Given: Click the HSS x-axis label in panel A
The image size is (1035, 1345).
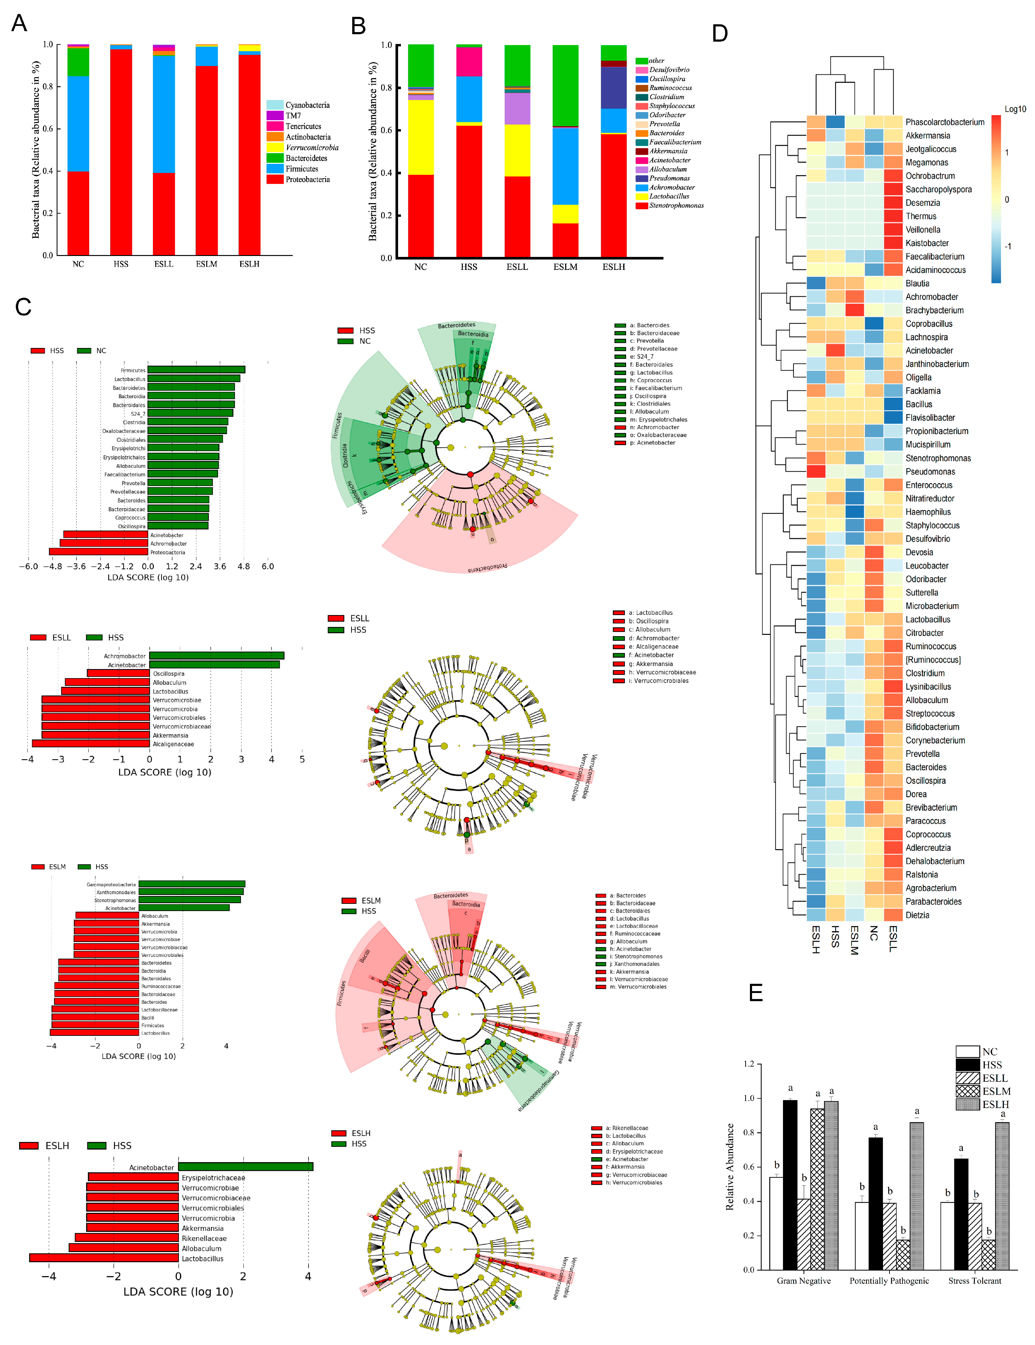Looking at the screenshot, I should click(121, 264).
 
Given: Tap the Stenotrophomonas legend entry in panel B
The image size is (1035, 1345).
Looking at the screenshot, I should click(676, 206).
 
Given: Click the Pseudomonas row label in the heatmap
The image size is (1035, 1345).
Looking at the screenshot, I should click(930, 472).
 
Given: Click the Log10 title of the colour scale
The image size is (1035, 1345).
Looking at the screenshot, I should click(1015, 109).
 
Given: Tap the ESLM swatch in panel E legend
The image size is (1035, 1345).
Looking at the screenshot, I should click(967, 1091).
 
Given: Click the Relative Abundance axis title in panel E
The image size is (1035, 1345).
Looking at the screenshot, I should click(730, 1167).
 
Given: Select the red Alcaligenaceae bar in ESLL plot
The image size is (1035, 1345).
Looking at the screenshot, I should click(91, 744).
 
